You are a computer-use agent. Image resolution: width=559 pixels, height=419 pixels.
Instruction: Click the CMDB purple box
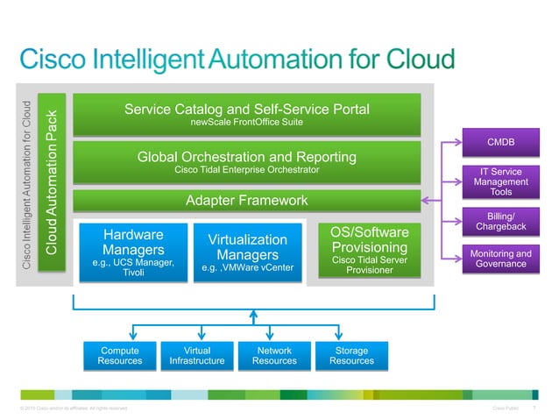coord(500,142)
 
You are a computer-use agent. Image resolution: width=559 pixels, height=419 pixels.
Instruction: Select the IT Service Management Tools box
coord(500,181)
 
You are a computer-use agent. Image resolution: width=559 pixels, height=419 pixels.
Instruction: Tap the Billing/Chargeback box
coord(500,222)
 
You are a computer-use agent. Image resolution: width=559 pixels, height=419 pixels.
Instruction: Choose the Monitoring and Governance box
coord(500,259)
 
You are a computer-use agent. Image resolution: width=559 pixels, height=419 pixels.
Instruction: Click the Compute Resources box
coord(119,355)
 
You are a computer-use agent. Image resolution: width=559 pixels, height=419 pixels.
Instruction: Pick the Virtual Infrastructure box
coord(196,355)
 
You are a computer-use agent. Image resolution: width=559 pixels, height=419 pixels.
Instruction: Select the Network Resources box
coord(273,355)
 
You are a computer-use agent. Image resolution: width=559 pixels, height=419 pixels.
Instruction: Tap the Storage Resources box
coord(351,355)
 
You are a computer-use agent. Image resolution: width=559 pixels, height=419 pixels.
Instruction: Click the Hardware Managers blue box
coord(132,252)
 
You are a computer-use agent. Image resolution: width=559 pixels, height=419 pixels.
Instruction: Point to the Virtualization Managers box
coord(247,252)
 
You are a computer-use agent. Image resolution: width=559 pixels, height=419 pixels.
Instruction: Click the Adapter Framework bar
coord(246,201)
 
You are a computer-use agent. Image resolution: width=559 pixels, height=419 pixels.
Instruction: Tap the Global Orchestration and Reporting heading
coord(246,157)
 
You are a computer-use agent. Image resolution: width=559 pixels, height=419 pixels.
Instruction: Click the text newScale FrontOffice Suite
coord(246,123)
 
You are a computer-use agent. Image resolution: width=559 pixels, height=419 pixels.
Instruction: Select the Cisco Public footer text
coord(509,408)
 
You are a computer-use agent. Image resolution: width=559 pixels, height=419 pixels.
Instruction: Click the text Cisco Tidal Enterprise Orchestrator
coord(246,169)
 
